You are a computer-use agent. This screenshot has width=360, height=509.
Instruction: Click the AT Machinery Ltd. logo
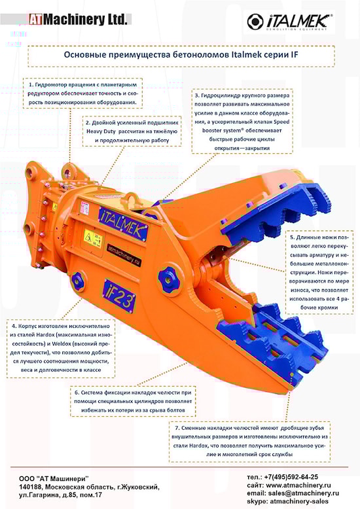[78, 20]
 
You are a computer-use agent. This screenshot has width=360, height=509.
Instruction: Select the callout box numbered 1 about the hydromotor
[83, 93]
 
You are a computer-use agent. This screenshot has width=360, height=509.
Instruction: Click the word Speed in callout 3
[281, 122]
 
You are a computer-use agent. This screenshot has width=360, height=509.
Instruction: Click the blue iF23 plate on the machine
[119, 296]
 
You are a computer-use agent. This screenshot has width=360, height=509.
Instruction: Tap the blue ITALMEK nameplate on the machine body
[124, 223]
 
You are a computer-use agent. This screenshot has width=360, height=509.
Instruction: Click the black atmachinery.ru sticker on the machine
[124, 255]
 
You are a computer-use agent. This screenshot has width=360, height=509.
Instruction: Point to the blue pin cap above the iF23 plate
[79, 281]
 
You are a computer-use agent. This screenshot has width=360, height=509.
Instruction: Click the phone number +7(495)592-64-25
[291, 477]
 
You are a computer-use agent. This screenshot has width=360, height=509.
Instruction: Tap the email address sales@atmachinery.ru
[302, 493]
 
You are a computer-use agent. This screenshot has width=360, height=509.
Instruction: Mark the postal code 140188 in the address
[31, 487]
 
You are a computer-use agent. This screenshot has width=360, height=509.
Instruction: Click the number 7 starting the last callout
[177, 428]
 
